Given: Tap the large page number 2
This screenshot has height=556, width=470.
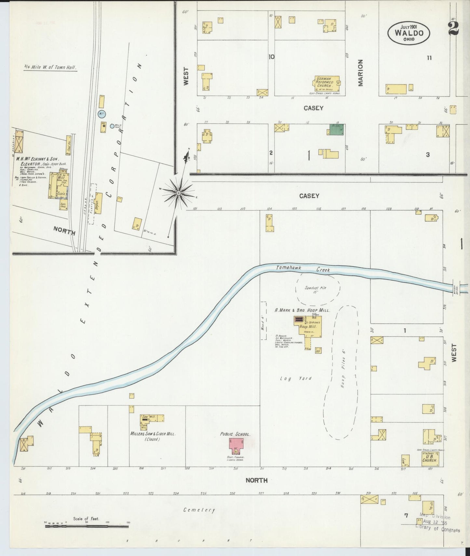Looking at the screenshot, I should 453,28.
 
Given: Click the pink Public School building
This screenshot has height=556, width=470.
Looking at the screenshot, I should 236,446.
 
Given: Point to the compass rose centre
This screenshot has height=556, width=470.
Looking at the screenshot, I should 178,193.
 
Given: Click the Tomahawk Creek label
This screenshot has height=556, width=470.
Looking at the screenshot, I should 303,269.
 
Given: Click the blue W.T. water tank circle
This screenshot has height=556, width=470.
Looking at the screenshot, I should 101,113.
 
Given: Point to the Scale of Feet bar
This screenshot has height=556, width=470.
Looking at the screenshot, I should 87,526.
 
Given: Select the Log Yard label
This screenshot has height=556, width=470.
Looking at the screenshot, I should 296,378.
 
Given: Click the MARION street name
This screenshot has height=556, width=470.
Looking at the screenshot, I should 360,73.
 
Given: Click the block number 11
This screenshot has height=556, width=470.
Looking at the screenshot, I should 429,58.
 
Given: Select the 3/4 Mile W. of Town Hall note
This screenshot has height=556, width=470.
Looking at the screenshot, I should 50,68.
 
